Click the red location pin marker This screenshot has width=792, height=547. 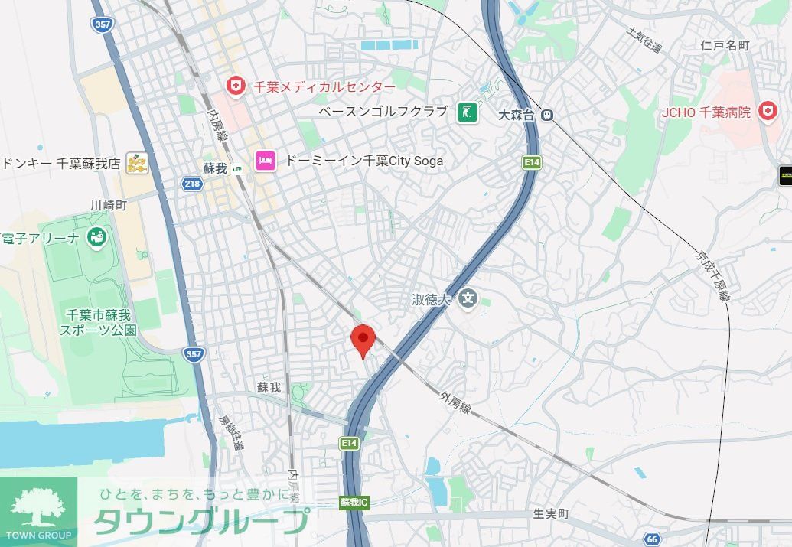362,339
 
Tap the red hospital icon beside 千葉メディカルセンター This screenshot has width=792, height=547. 235,86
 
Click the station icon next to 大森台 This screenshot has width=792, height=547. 546,115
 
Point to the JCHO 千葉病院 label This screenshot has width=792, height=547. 706,112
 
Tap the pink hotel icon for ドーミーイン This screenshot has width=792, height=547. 266,161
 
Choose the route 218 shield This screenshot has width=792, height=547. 192,184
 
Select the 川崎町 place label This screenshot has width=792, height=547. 108,205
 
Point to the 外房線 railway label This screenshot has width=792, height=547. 455,402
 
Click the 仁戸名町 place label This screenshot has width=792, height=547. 725,46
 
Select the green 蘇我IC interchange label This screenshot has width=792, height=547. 354,503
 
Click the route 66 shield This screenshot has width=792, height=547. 652,539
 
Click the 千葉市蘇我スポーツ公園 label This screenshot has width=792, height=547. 99,323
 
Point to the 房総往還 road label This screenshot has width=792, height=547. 231,432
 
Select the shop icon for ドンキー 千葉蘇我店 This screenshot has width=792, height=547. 137,163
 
